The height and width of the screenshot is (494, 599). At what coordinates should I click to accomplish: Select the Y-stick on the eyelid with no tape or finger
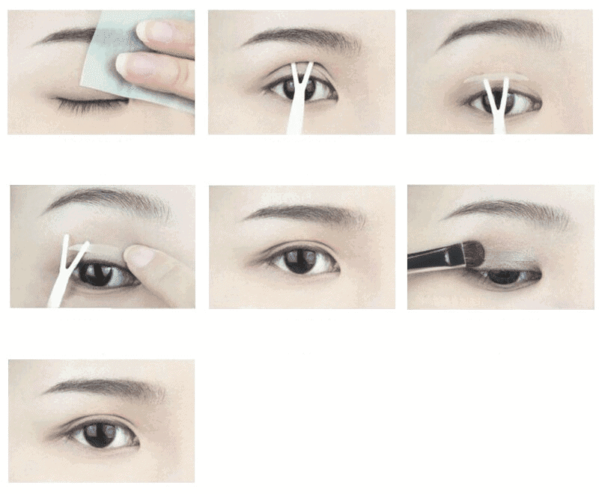tap(299, 101)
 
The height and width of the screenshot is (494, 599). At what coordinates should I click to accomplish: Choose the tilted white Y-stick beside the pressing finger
tap(63, 273)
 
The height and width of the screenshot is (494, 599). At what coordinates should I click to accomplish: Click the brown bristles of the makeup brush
tap(472, 253)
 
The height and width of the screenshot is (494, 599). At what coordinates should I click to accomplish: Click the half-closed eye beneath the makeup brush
tap(505, 277)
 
